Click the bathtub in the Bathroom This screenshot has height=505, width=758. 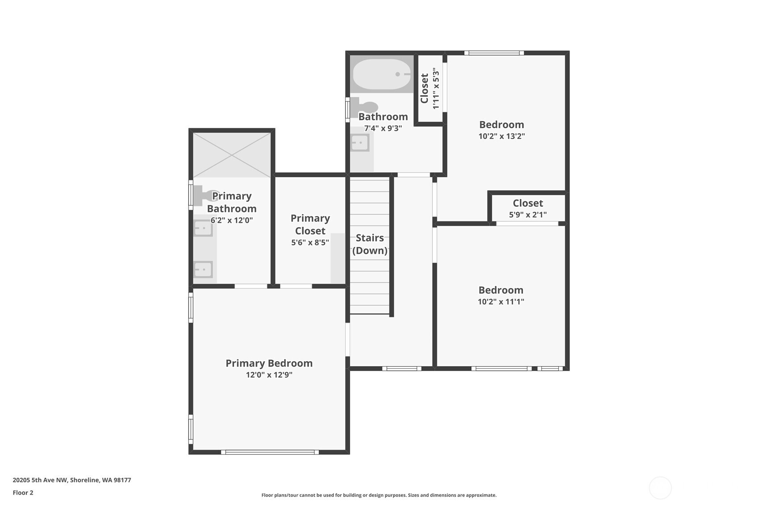pyautogui.click(x=382, y=74)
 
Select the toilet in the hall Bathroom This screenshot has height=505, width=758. pyautogui.click(x=364, y=107)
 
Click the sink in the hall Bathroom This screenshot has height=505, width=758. pyautogui.click(x=360, y=143)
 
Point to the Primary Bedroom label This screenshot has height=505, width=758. pyautogui.click(x=269, y=363)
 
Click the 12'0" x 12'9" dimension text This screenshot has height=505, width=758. pyautogui.click(x=269, y=375)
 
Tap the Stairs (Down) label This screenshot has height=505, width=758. pyautogui.click(x=370, y=244)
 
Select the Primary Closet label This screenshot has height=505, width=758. pyautogui.click(x=310, y=224)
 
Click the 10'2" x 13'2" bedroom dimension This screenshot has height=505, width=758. pyautogui.click(x=502, y=136)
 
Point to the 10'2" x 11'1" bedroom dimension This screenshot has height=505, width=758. pyautogui.click(x=501, y=301)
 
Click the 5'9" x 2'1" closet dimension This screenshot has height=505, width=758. pyautogui.click(x=528, y=214)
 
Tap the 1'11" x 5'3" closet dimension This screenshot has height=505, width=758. pyautogui.click(x=436, y=88)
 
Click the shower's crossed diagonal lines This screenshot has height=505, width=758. pyautogui.click(x=232, y=155)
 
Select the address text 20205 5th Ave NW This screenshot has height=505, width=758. pyautogui.click(x=41, y=480)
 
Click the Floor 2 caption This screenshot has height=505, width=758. pyautogui.click(x=23, y=492)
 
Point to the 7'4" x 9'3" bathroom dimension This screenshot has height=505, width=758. pyautogui.click(x=383, y=128)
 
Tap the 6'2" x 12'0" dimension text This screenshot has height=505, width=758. pyautogui.click(x=232, y=220)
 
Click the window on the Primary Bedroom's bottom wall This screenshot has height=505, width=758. pyautogui.click(x=270, y=452)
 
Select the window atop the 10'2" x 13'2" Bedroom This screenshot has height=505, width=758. pyautogui.click(x=494, y=53)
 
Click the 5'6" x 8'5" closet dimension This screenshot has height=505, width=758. pyautogui.click(x=310, y=242)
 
